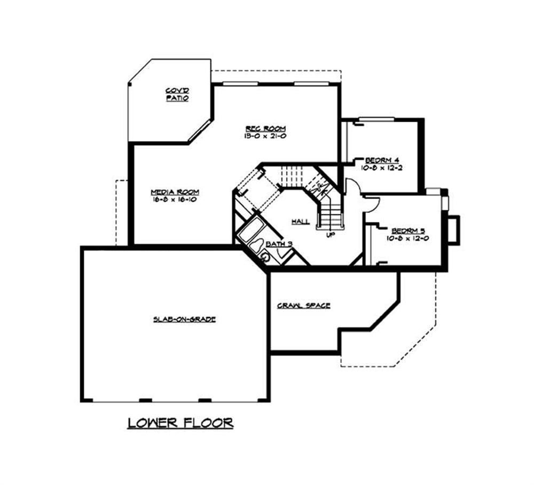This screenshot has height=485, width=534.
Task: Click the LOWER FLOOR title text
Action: point(180,423)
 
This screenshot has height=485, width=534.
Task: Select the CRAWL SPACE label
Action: point(303,306)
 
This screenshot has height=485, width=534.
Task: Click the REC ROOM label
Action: point(265,129)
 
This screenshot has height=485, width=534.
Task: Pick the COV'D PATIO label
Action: point(177,94)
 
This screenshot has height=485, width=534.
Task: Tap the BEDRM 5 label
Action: point(407,230)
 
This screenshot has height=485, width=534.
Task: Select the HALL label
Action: point(301,221)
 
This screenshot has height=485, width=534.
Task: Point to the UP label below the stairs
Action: point(329,234)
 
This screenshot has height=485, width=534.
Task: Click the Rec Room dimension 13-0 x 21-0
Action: point(265,136)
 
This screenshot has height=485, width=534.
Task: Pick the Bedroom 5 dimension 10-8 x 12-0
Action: point(407,238)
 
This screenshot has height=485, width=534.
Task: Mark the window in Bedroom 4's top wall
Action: point(376,119)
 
